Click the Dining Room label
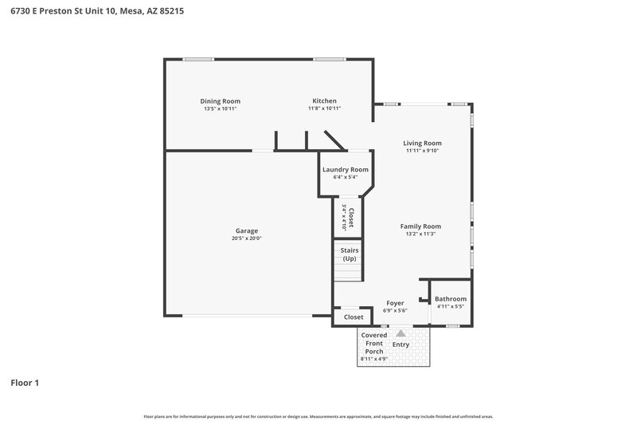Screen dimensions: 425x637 click(x=220, y=101)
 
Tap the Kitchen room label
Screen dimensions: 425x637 click(x=324, y=101)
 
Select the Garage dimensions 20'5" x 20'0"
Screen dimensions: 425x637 click(x=246, y=238)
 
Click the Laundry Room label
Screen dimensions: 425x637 click(x=345, y=170)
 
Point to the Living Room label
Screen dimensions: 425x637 click(x=422, y=144)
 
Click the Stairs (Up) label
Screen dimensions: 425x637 click(x=349, y=254)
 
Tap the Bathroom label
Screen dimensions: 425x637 click(x=451, y=299)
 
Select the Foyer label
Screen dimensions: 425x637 click(x=395, y=303)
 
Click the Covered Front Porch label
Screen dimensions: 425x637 click(x=374, y=344)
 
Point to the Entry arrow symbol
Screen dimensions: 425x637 click(x=401, y=334)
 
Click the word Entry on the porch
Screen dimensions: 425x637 click(x=401, y=344)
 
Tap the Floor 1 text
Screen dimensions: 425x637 click(x=25, y=383)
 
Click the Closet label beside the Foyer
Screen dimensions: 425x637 click(x=354, y=317)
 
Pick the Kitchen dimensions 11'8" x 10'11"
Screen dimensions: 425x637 click(x=325, y=108)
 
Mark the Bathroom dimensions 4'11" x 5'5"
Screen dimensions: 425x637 click(x=451, y=306)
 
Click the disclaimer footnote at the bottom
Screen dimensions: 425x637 click(x=318, y=416)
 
